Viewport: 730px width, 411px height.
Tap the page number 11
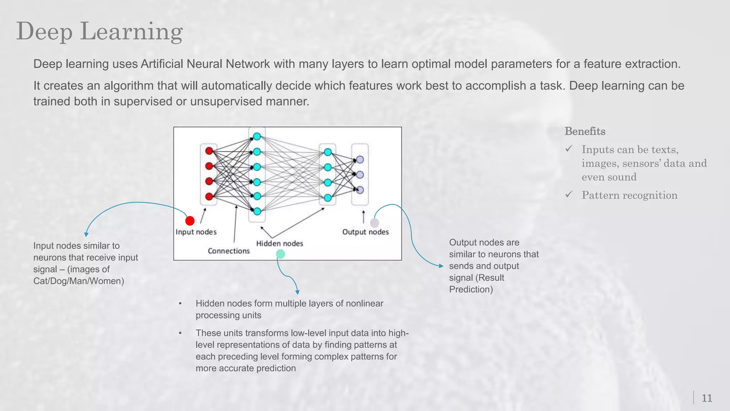tap(706, 398)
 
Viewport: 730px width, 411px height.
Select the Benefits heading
tap(585, 131)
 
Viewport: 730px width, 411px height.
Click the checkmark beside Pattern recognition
tap(569, 194)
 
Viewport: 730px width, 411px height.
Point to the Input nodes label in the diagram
tap(196, 232)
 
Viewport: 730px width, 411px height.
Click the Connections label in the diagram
tap(229, 251)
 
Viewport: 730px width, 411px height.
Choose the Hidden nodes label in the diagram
tap(279, 243)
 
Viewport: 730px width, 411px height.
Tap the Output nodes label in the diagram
tap(365, 232)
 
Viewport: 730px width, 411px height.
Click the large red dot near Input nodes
tap(190, 221)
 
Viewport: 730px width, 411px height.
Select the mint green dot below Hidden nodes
tap(281, 254)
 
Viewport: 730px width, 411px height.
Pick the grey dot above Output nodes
tap(374, 223)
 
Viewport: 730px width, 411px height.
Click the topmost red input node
tap(209, 151)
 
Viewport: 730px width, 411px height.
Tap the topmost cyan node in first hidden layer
tap(257, 137)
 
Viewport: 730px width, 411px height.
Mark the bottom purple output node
tap(360, 190)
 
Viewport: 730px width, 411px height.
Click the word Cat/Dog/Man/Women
tap(79, 281)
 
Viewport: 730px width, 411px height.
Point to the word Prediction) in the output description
tap(471, 289)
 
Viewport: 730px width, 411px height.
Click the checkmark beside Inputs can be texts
tap(569, 149)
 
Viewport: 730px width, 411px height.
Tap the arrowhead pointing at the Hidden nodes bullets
tap(297, 292)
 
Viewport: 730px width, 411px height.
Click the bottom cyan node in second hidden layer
tap(328, 198)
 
